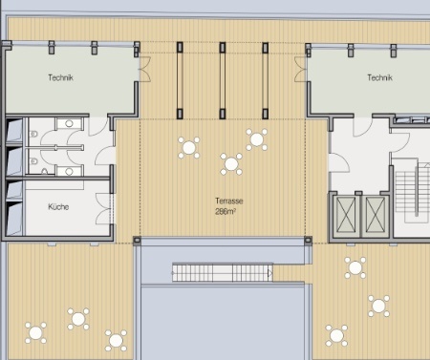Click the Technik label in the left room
coord(60,77)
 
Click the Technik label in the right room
coord(379,77)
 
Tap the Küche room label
coord(58,207)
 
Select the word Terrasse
coord(229,201)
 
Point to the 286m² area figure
coord(226,211)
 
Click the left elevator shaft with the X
coord(346,215)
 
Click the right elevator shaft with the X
coord(376,215)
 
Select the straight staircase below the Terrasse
coord(223,272)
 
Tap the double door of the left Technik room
coord(145,69)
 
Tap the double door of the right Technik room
coord(300,69)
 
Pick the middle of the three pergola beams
coord(223,80)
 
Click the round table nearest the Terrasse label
coord(231,164)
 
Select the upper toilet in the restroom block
coord(32,135)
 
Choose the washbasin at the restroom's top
coord(69,123)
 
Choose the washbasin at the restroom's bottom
coord(69,171)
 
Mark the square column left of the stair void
coord(137,240)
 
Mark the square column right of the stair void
coord(309,240)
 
